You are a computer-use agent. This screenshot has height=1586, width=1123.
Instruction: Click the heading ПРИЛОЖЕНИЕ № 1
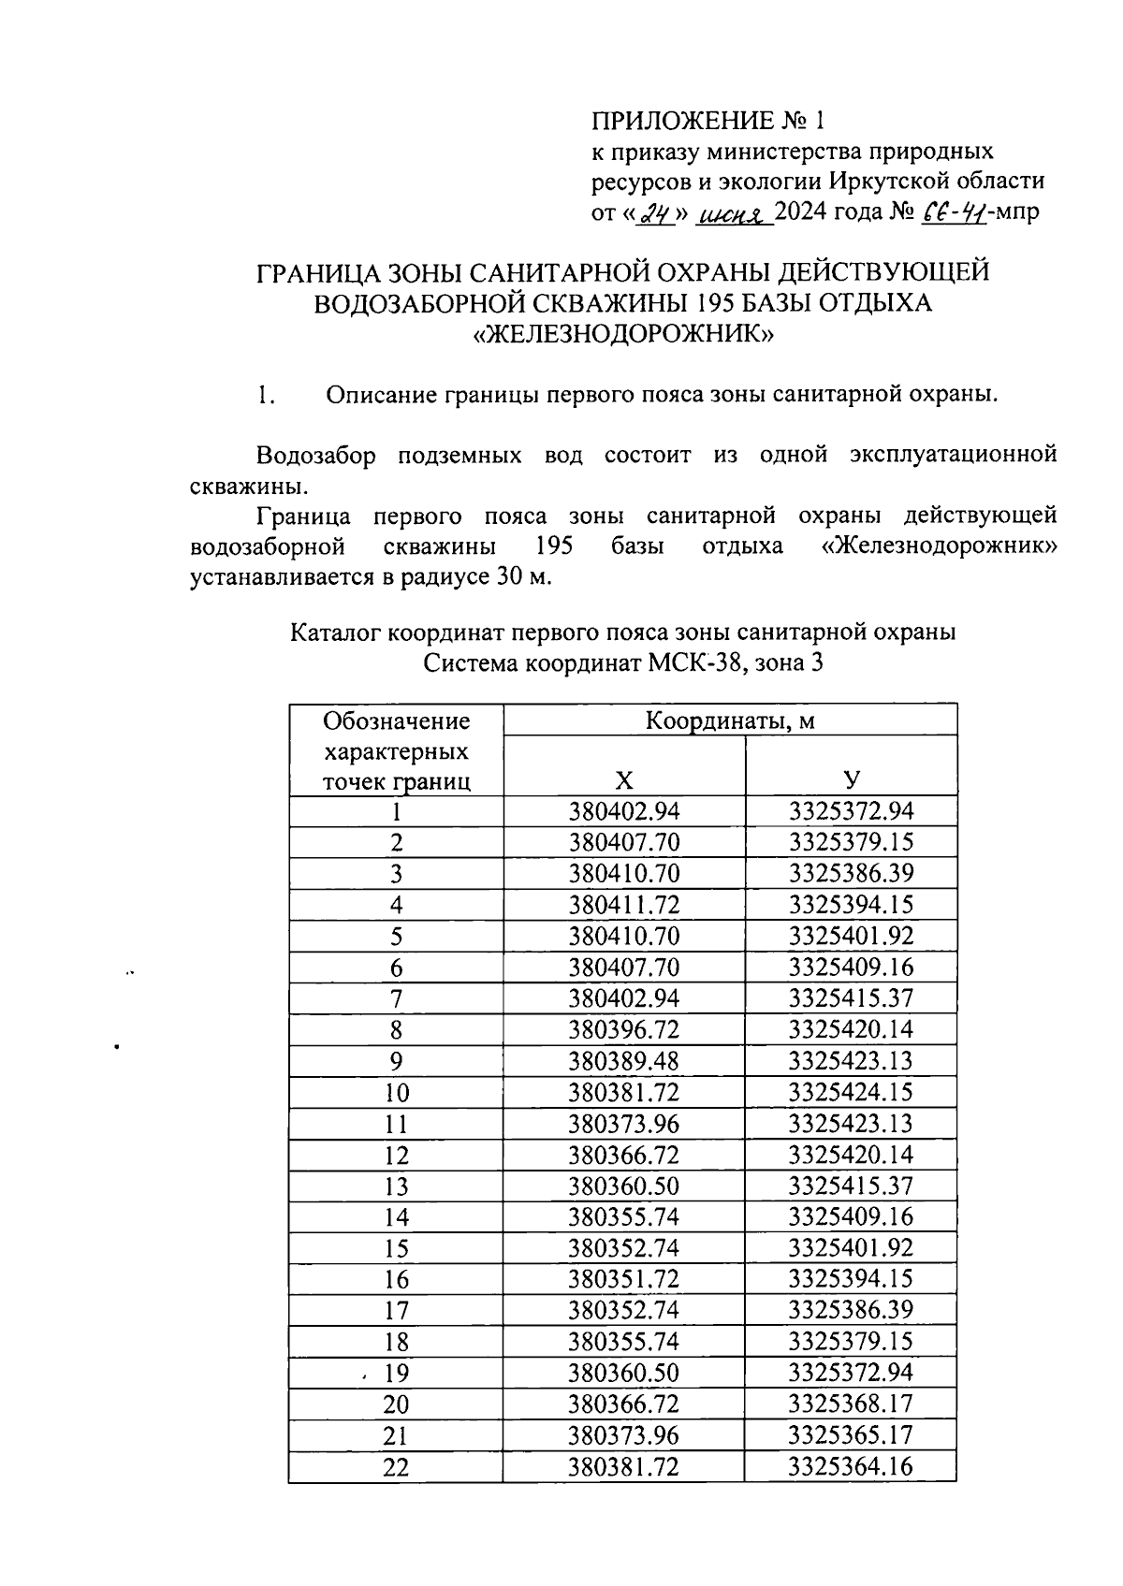[x=709, y=121]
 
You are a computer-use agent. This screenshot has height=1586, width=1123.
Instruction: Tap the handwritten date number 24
[x=659, y=213]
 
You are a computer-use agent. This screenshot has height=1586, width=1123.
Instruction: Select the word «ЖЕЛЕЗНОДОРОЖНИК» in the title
[x=623, y=334]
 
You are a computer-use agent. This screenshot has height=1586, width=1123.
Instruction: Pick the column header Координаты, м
[x=729, y=720]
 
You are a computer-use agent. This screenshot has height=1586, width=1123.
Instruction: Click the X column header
[x=624, y=780]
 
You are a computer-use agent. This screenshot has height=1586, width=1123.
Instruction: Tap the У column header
[x=851, y=780]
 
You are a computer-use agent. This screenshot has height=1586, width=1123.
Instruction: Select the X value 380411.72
[x=624, y=905]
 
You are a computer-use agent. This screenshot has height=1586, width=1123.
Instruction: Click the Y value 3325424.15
[x=851, y=1092]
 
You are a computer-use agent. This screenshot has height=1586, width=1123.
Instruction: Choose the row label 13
[x=396, y=1186]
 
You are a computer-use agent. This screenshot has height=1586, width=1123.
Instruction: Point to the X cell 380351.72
[x=624, y=1279]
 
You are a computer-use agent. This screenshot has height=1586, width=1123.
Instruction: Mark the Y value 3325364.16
[x=851, y=1466]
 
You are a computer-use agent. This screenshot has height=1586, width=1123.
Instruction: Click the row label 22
[x=396, y=1467]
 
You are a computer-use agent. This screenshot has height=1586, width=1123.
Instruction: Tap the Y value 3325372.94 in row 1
[x=851, y=810]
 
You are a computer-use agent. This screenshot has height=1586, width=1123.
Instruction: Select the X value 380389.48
[x=624, y=1061]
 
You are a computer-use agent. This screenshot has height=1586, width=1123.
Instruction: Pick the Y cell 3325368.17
[x=851, y=1404]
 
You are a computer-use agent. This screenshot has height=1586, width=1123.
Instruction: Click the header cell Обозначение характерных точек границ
[x=396, y=750]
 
